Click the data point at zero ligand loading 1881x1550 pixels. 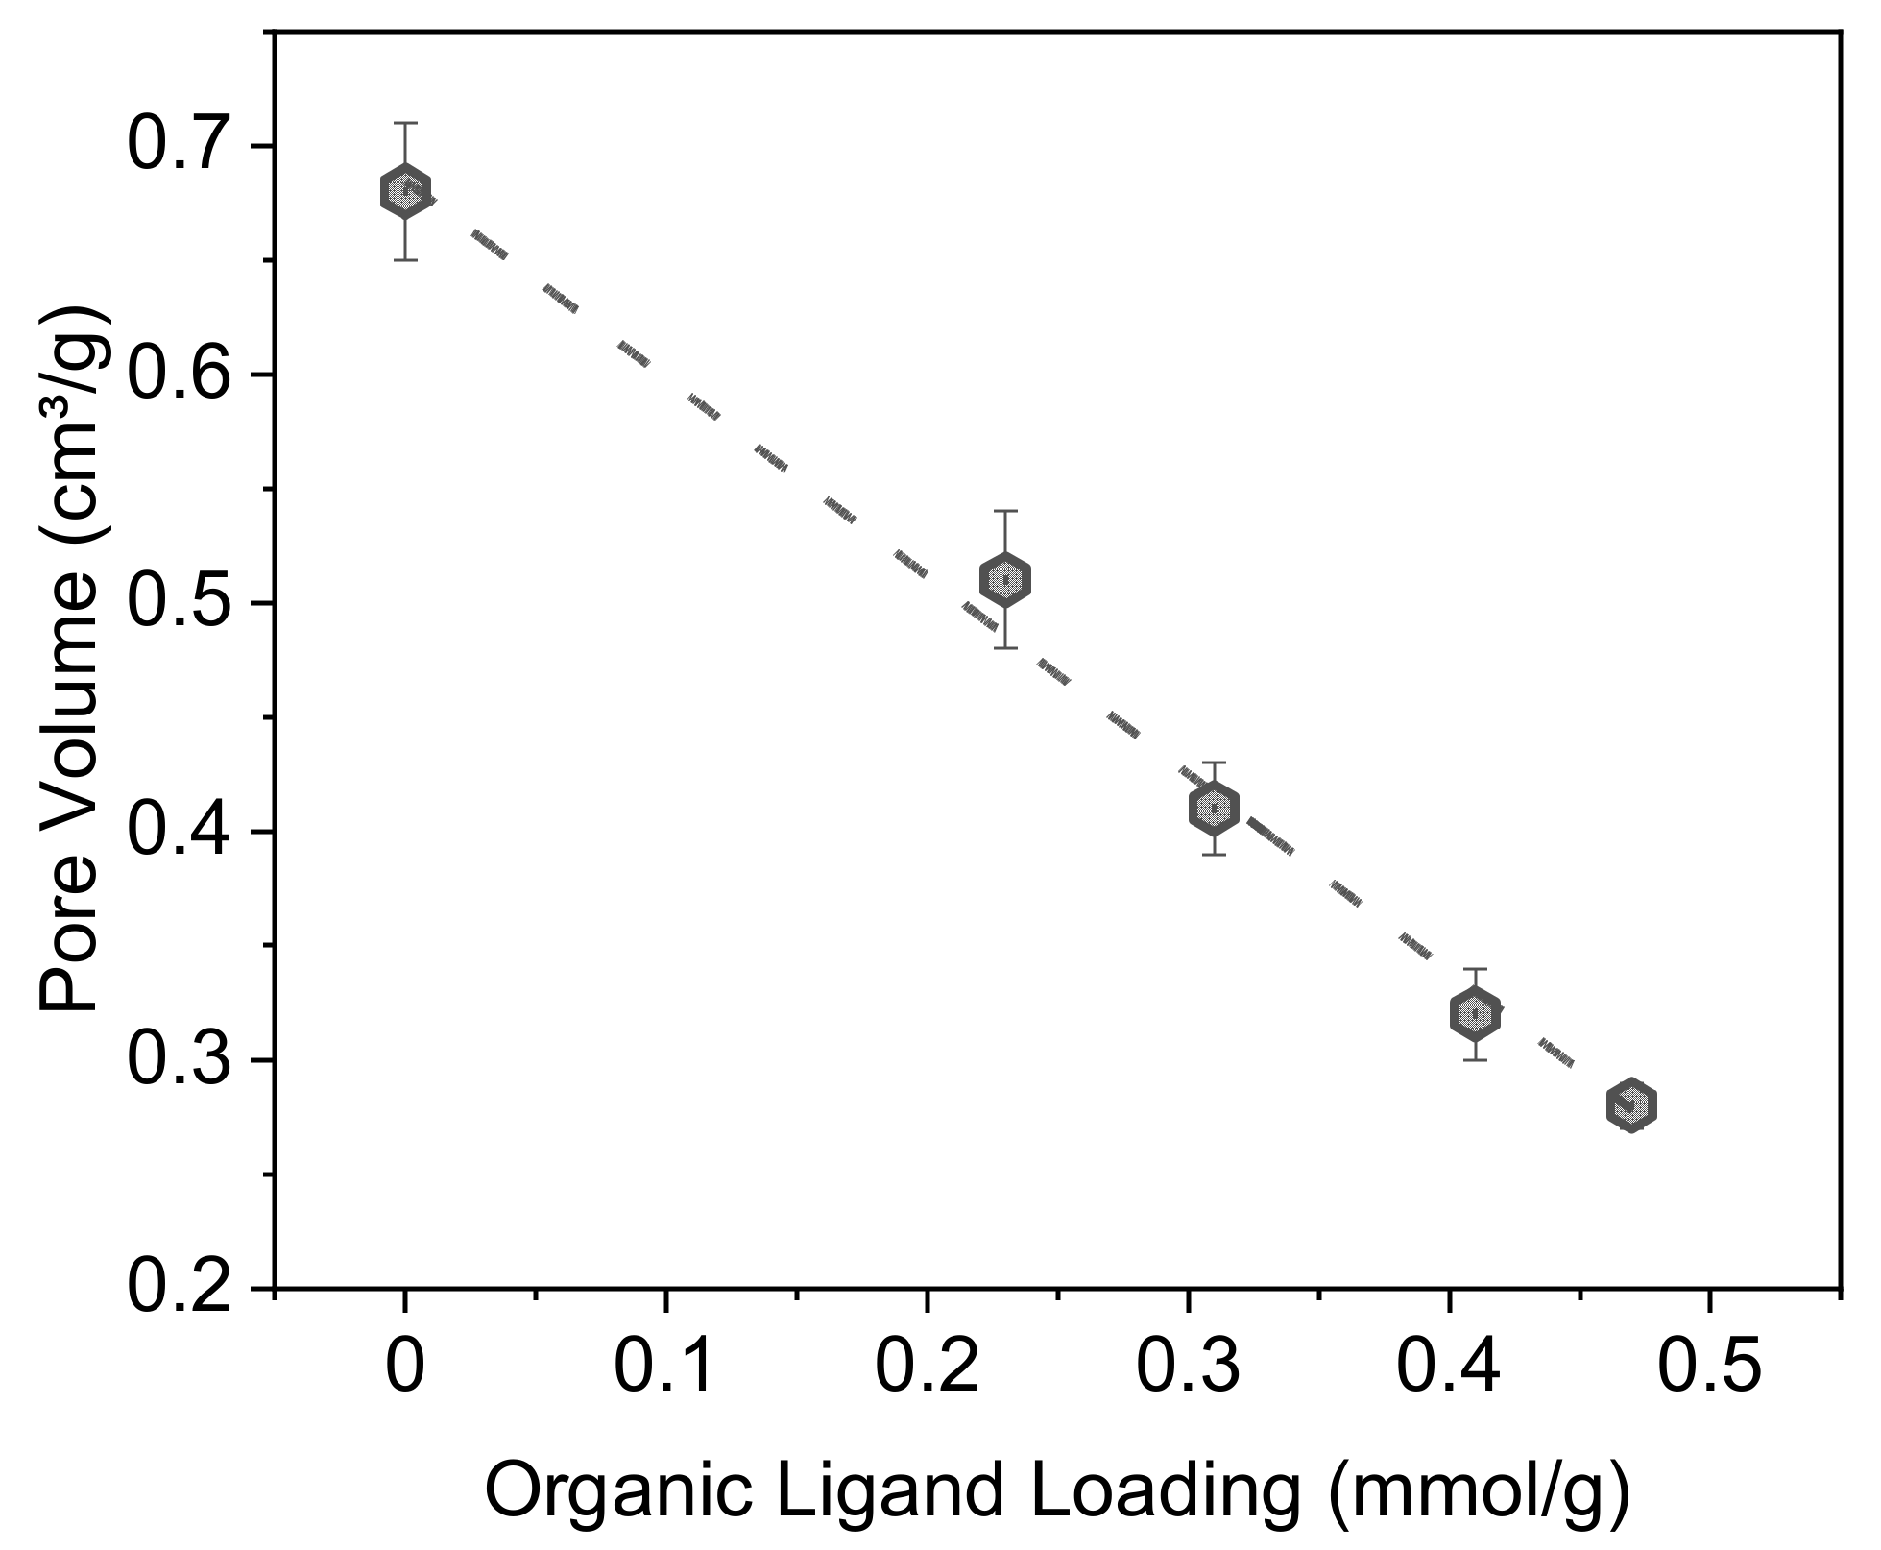[405, 191]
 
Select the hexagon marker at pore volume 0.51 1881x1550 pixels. [1004, 579]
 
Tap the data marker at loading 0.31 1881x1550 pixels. [1214, 808]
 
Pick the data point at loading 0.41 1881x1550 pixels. [1475, 1013]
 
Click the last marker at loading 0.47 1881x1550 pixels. [1630, 1104]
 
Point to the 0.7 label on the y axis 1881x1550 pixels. [181, 147]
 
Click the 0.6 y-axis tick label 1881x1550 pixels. [181, 375]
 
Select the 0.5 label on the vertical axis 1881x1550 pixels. [181, 604]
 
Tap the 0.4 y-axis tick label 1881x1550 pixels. [181, 832]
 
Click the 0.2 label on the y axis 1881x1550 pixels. [181, 1288]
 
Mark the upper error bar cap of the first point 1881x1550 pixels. [405, 123]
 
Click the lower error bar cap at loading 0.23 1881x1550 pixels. [1004, 648]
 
